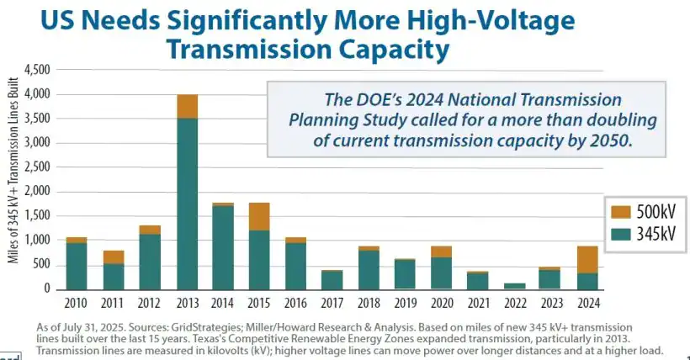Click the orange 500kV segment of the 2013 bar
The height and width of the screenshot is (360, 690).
click(x=187, y=107)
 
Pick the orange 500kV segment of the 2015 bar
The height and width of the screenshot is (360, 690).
click(x=259, y=217)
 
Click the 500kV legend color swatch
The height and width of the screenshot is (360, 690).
click(x=619, y=209)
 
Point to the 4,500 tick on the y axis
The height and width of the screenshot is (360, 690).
click(x=37, y=69)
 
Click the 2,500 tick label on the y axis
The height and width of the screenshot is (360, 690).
click(x=37, y=167)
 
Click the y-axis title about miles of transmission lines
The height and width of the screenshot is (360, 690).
click(x=13, y=178)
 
